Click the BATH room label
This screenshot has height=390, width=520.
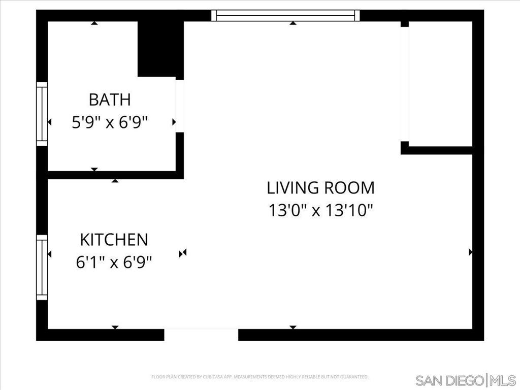110,100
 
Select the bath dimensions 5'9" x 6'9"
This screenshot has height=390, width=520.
110,122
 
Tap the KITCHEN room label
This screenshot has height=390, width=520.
114,239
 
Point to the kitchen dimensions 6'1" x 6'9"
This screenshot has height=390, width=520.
114,263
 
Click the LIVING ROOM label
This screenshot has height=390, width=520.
321,188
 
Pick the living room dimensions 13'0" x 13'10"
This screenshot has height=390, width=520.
321,210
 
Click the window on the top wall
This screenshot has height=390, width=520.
285,16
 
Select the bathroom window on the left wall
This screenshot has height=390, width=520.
42,114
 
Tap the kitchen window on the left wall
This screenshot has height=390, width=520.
42,267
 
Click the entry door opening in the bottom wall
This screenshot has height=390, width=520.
201,335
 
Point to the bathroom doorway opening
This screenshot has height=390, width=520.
179,106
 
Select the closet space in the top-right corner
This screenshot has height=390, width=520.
440,84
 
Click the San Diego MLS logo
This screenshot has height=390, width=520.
465,380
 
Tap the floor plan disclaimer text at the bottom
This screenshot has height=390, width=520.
259,377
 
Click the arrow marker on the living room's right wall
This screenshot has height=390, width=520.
470,252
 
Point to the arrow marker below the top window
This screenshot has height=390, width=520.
292,23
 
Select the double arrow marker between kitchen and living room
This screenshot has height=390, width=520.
183,252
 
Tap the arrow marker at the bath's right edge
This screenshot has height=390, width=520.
174,122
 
